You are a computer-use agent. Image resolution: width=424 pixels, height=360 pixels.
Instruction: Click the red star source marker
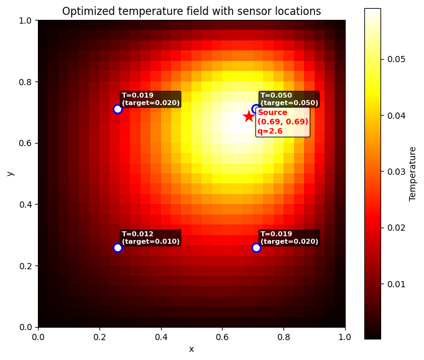click(249, 116)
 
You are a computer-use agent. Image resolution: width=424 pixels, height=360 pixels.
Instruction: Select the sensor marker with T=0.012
click(118, 247)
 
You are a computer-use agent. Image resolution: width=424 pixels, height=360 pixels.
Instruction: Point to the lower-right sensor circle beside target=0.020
click(256, 247)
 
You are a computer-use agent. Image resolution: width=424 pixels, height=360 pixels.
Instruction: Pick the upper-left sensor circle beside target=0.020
click(118, 109)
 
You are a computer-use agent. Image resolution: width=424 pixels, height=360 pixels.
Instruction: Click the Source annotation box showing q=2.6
click(283, 122)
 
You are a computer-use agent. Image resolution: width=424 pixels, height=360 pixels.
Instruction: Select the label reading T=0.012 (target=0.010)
click(150, 238)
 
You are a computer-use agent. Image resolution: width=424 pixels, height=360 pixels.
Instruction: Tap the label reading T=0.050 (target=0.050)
click(289, 99)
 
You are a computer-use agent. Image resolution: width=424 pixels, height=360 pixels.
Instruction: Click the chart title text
click(191, 11)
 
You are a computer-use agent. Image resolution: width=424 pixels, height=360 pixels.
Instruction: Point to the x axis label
click(191, 349)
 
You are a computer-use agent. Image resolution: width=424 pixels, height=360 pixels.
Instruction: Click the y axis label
click(10, 173)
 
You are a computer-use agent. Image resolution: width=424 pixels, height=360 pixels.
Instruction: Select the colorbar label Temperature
click(412, 174)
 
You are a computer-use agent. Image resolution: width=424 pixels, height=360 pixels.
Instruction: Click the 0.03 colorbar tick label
click(396, 172)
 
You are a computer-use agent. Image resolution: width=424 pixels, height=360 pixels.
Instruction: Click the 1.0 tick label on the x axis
click(345, 337)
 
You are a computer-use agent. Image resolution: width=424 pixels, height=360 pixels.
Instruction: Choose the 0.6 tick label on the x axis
click(223, 337)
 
